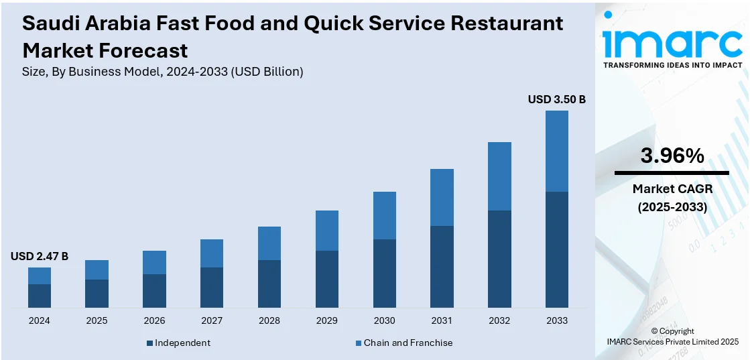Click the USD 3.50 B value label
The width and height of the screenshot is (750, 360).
click(x=556, y=99)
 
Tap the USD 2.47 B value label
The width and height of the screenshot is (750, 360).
click(x=40, y=256)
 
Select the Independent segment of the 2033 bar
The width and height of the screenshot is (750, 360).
click(x=556, y=249)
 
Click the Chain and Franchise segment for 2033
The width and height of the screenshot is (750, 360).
click(x=556, y=151)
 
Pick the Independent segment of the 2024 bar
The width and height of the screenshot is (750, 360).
click(x=40, y=296)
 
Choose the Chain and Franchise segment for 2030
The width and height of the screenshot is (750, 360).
click(x=384, y=215)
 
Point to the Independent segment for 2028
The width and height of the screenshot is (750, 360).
click(x=269, y=284)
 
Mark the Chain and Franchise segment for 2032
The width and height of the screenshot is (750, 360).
click(x=499, y=176)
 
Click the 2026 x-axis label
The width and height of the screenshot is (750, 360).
click(x=154, y=320)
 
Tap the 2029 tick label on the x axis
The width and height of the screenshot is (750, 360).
click(x=326, y=320)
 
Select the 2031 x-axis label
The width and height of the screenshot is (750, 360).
click(x=442, y=320)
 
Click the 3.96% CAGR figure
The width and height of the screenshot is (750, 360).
click(x=672, y=156)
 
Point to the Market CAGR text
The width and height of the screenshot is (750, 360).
click(x=672, y=189)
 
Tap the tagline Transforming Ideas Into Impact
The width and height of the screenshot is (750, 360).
click(x=672, y=65)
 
